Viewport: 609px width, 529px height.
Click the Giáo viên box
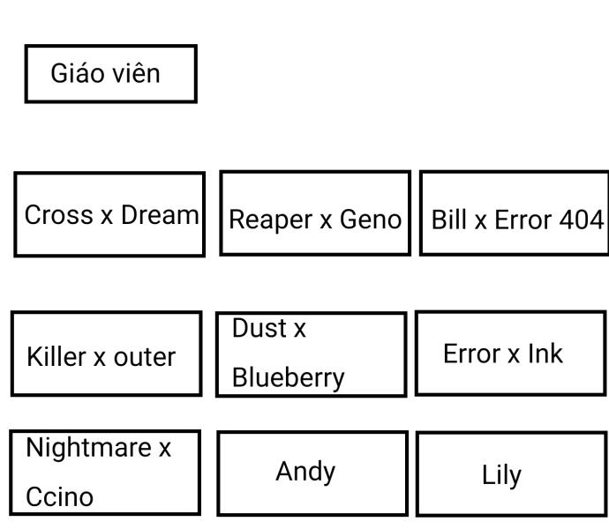(x=110, y=74)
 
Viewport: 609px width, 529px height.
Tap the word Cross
(x=58, y=214)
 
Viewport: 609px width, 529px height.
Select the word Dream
(x=160, y=214)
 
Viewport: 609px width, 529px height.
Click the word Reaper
(x=270, y=220)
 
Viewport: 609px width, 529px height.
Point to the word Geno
(x=371, y=220)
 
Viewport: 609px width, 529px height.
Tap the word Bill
(x=449, y=220)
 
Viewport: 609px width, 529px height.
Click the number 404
(x=582, y=220)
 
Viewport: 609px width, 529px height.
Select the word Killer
(x=56, y=356)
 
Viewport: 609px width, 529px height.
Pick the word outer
(x=145, y=357)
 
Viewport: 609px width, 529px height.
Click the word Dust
(x=259, y=328)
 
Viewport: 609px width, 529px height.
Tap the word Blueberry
(x=289, y=378)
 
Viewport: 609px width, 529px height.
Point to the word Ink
(x=545, y=354)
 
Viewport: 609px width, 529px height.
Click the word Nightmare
(x=89, y=448)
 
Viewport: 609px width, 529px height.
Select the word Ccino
(x=59, y=496)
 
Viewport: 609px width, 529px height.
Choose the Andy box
(x=312, y=473)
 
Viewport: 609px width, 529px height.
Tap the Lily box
(x=511, y=473)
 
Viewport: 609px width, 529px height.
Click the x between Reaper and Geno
(x=326, y=221)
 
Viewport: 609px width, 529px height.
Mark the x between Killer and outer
(x=100, y=359)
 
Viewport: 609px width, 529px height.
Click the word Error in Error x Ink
(x=472, y=354)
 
